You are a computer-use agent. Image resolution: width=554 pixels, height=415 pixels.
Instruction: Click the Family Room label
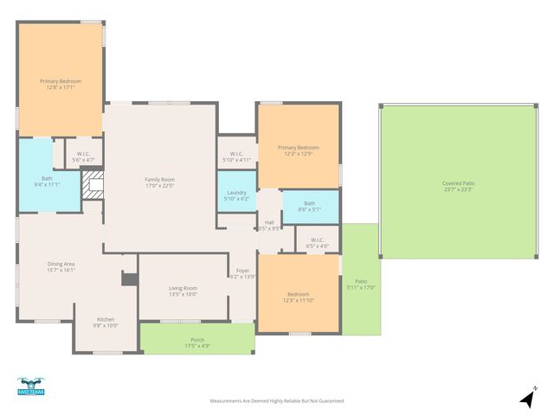159,179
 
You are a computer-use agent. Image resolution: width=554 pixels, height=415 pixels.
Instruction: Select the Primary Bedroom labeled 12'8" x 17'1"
61,82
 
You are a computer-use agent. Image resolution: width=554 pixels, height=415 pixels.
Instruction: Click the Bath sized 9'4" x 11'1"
47,180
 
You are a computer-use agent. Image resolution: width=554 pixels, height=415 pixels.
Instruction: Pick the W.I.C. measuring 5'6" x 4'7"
84,156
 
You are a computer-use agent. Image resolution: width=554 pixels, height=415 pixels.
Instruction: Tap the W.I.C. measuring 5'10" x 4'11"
236,156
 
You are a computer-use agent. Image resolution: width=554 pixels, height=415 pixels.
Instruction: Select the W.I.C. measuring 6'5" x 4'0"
317,242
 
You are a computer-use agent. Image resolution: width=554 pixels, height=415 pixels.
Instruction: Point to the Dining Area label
61,265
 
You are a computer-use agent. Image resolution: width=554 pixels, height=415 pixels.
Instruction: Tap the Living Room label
183,290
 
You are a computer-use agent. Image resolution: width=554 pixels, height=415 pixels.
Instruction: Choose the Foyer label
242,273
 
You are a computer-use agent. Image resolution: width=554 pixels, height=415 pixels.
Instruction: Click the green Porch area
197,342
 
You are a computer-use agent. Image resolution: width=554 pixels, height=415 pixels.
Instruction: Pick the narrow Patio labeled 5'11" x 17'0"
361,284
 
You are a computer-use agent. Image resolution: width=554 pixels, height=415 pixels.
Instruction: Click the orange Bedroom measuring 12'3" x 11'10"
298,297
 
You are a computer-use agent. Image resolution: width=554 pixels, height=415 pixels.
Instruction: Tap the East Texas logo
30,386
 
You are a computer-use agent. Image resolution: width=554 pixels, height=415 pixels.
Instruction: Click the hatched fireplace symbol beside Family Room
93,185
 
